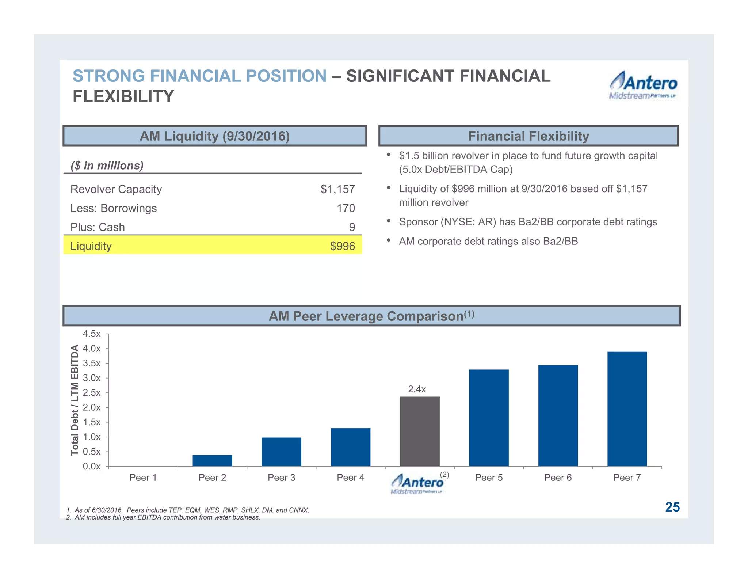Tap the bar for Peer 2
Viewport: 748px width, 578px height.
(212, 460)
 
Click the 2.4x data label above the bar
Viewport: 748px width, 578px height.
(417, 389)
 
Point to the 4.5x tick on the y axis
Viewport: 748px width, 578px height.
(92, 334)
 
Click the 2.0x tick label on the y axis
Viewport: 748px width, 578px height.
(92, 407)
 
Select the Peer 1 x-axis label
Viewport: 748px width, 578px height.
(143, 478)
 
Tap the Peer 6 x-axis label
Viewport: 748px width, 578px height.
(558, 478)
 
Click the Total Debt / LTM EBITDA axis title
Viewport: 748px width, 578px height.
(75, 400)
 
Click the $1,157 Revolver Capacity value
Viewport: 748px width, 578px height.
(337, 189)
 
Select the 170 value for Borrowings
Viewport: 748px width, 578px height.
(346, 208)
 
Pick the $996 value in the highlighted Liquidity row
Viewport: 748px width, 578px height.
(342, 246)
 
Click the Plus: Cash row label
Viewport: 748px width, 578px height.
(98, 227)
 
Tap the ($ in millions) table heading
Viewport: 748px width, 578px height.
(107, 166)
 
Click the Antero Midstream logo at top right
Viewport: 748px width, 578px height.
(643, 85)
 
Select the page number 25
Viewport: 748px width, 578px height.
(672, 507)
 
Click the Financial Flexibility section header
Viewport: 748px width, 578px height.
(528, 136)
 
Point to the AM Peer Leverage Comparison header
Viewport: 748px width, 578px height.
(371, 316)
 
